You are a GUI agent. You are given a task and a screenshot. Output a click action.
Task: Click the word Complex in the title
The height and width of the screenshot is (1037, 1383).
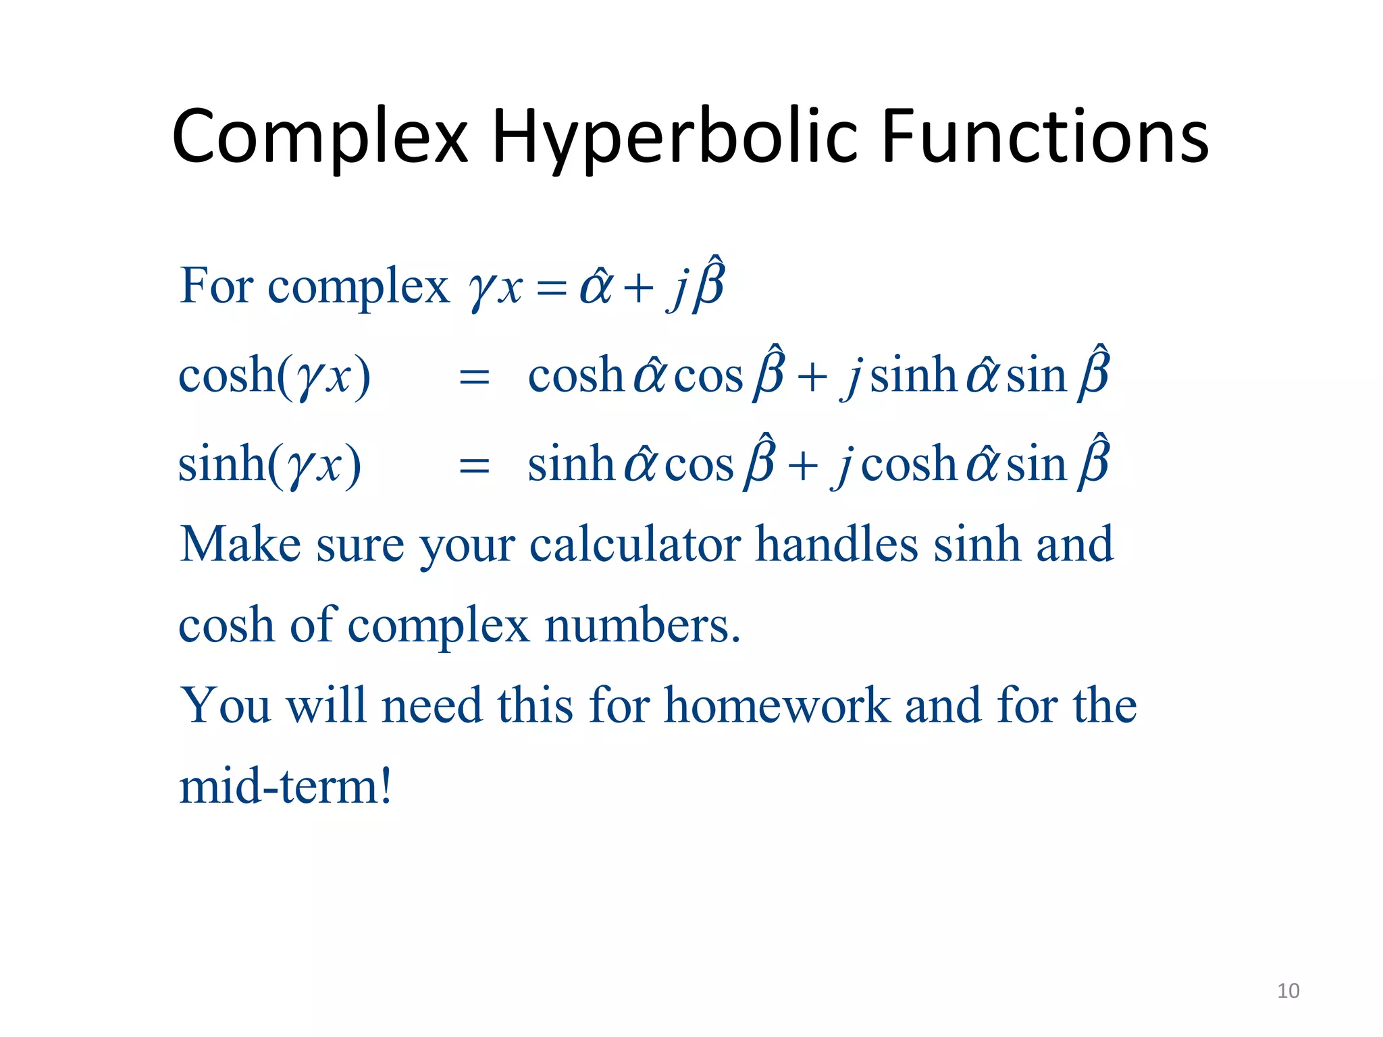pyautogui.click(x=319, y=138)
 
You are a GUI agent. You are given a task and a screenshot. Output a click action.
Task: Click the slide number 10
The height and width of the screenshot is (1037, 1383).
pyautogui.click(x=1288, y=990)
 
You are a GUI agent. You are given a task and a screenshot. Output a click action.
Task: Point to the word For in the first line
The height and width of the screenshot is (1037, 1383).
pyautogui.click(x=216, y=286)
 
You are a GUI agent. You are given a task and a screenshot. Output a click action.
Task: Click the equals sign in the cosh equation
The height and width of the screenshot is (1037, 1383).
pyautogui.click(x=473, y=377)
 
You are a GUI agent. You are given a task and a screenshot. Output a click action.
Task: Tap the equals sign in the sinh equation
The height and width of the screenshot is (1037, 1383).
pyautogui.click(x=473, y=467)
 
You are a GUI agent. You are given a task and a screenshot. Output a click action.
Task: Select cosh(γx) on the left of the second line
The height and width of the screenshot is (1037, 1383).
pyautogui.click(x=274, y=376)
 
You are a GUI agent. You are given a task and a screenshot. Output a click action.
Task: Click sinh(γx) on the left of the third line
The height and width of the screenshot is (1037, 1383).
pyautogui.click(x=269, y=465)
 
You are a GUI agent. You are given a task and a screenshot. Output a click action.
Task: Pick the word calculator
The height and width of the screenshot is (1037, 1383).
pyautogui.click(x=635, y=545)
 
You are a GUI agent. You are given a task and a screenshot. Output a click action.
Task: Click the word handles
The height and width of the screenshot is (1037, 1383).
pyautogui.click(x=837, y=545)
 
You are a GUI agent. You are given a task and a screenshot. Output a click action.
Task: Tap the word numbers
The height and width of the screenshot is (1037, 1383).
pyautogui.click(x=642, y=626)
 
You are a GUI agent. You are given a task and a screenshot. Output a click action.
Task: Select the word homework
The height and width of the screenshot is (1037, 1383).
pyautogui.click(x=777, y=706)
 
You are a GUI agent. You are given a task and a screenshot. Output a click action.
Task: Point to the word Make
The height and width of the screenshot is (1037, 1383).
pyautogui.click(x=240, y=545)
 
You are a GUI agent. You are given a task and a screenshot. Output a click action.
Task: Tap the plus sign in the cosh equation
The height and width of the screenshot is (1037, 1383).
pyautogui.click(x=812, y=377)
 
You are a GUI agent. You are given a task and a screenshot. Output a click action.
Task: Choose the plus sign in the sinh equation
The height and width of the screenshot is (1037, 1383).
pyautogui.click(x=802, y=467)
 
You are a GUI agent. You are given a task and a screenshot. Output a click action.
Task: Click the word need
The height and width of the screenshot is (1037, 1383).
pyautogui.click(x=432, y=706)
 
